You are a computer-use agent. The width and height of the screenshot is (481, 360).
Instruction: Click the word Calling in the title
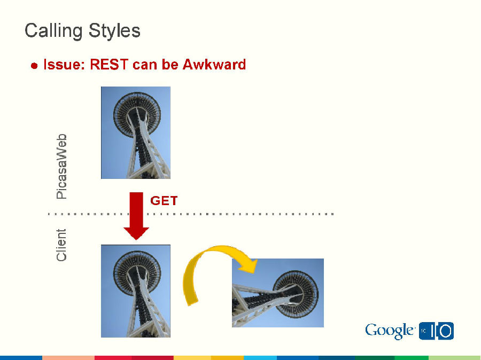click(53, 32)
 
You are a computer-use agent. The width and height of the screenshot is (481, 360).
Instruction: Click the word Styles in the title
click(114, 30)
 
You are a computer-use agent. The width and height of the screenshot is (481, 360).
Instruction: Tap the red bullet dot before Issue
click(34, 66)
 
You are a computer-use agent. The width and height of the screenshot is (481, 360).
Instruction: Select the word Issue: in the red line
click(64, 65)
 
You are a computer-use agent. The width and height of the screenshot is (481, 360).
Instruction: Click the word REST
click(109, 65)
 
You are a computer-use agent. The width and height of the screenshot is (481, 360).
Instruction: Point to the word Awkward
click(214, 65)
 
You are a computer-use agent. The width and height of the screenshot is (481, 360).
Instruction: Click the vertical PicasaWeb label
click(61, 167)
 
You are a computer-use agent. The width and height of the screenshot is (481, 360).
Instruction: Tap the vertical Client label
click(61, 245)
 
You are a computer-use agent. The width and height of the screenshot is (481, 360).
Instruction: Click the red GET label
click(164, 201)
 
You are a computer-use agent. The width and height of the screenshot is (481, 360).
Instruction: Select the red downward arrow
click(136, 216)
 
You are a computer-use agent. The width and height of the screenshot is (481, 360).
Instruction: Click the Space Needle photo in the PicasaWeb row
click(136, 132)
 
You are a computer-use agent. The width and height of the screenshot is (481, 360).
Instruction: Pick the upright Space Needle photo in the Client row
click(136, 291)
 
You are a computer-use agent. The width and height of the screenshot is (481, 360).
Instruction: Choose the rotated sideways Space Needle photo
click(278, 293)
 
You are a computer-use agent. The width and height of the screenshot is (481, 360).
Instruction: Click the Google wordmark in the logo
click(390, 331)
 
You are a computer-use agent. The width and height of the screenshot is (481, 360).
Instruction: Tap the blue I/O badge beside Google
click(436, 331)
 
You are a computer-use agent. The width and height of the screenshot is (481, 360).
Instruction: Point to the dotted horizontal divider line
click(191, 214)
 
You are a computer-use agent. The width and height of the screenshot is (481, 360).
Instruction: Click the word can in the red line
click(144, 65)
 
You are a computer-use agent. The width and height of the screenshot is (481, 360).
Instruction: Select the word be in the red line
click(169, 65)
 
